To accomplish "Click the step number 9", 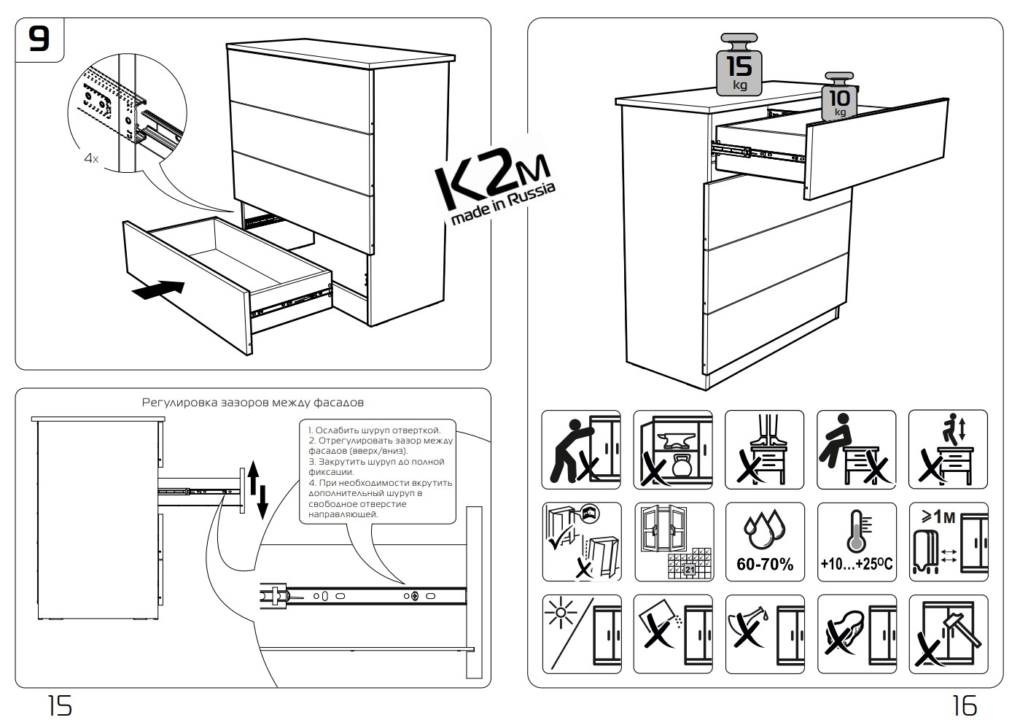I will point(39,39).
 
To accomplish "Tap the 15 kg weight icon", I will point(739,66).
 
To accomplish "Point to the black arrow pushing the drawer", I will point(158,290).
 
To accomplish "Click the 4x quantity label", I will point(91,158).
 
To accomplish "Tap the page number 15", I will point(60,705).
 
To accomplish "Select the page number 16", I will point(964,705).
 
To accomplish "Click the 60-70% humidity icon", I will point(765,541).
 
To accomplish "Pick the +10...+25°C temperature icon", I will point(857,541).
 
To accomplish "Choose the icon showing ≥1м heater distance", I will point(949,541).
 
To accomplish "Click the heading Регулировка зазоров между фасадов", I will point(252,402).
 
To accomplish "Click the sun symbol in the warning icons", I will point(562,614).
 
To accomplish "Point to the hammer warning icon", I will point(949,633).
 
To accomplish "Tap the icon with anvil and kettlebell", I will point(673,449).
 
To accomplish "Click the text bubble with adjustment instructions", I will point(380,471).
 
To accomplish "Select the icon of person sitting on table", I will point(857,449).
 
